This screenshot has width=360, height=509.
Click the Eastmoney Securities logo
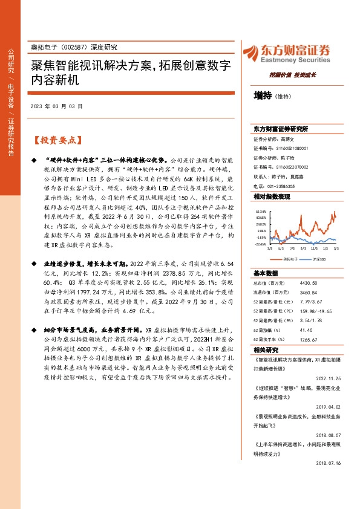(286, 53)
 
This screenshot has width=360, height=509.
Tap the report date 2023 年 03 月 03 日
(56, 106)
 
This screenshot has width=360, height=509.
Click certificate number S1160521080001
(289, 148)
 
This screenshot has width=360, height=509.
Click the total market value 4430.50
(308, 283)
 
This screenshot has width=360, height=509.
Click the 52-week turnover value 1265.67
(308, 340)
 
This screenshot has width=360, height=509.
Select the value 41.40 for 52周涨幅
(306, 330)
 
